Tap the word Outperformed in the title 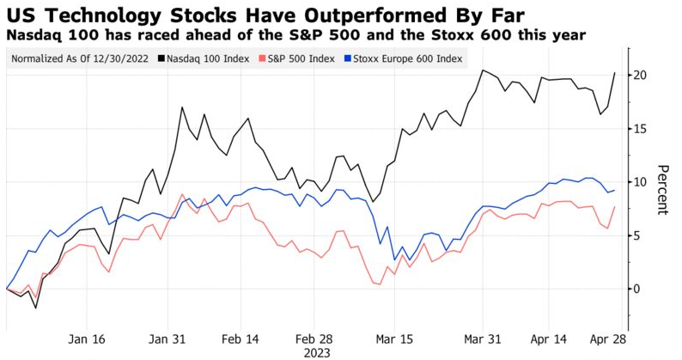(x=374, y=15)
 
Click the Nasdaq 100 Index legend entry (x=204, y=58)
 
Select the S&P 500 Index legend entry (x=297, y=58)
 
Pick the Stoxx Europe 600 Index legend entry (x=403, y=58)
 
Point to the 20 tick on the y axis (x=640, y=75)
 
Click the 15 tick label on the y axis (x=640, y=128)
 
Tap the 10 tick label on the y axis (x=640, y=182)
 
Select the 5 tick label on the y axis (x=636, y=235)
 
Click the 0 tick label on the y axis (x=636, y=289)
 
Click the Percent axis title (x=662, y=190)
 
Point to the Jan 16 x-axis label (x=87, y=339)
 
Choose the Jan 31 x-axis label (x=167, y=339)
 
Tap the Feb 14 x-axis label (x=241, y=339)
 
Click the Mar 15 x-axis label (x=394, y=339)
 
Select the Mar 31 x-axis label (x=483, y=339)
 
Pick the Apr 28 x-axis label (x=607, y=339)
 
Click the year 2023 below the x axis (x=317, y=352)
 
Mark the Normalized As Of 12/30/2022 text (x=80, y=58)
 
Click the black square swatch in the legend (x=162, y=58)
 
